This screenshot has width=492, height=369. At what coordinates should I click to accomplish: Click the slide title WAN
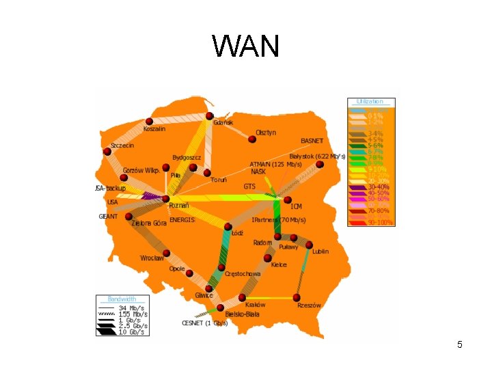click(x=245, y=46)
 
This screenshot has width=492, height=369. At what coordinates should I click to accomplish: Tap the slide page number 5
click(x=460, y=344)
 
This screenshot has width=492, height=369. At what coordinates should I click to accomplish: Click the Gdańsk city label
click(x=223, y=122)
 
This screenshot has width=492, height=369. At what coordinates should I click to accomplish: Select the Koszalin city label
click(x=154, y=129)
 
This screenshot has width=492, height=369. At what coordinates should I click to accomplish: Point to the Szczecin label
click(x=122, y=146)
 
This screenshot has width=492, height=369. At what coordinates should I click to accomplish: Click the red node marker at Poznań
click(x=166, y=199)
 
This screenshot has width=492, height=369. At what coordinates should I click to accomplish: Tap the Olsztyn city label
click(x=266, y=133)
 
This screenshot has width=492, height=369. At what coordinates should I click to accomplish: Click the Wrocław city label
click(x=152, y=258)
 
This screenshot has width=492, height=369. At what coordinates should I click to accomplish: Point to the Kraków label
click(x=255, y=305)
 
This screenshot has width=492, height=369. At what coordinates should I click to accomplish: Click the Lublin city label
click(x=320, y=251)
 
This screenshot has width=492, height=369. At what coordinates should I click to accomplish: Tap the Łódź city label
click(x=237, y=233)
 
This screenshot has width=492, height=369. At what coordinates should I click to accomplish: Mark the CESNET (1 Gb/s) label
click(x=204, y=323)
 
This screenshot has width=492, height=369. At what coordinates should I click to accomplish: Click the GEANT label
click(x=108, y=216)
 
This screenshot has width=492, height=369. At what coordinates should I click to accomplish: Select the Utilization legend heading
click(x=370, y=101)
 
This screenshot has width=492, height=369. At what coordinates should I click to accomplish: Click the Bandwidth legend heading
click(x=122, y=299)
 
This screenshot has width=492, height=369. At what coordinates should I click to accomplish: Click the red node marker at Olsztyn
click(x=252, y=139)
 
